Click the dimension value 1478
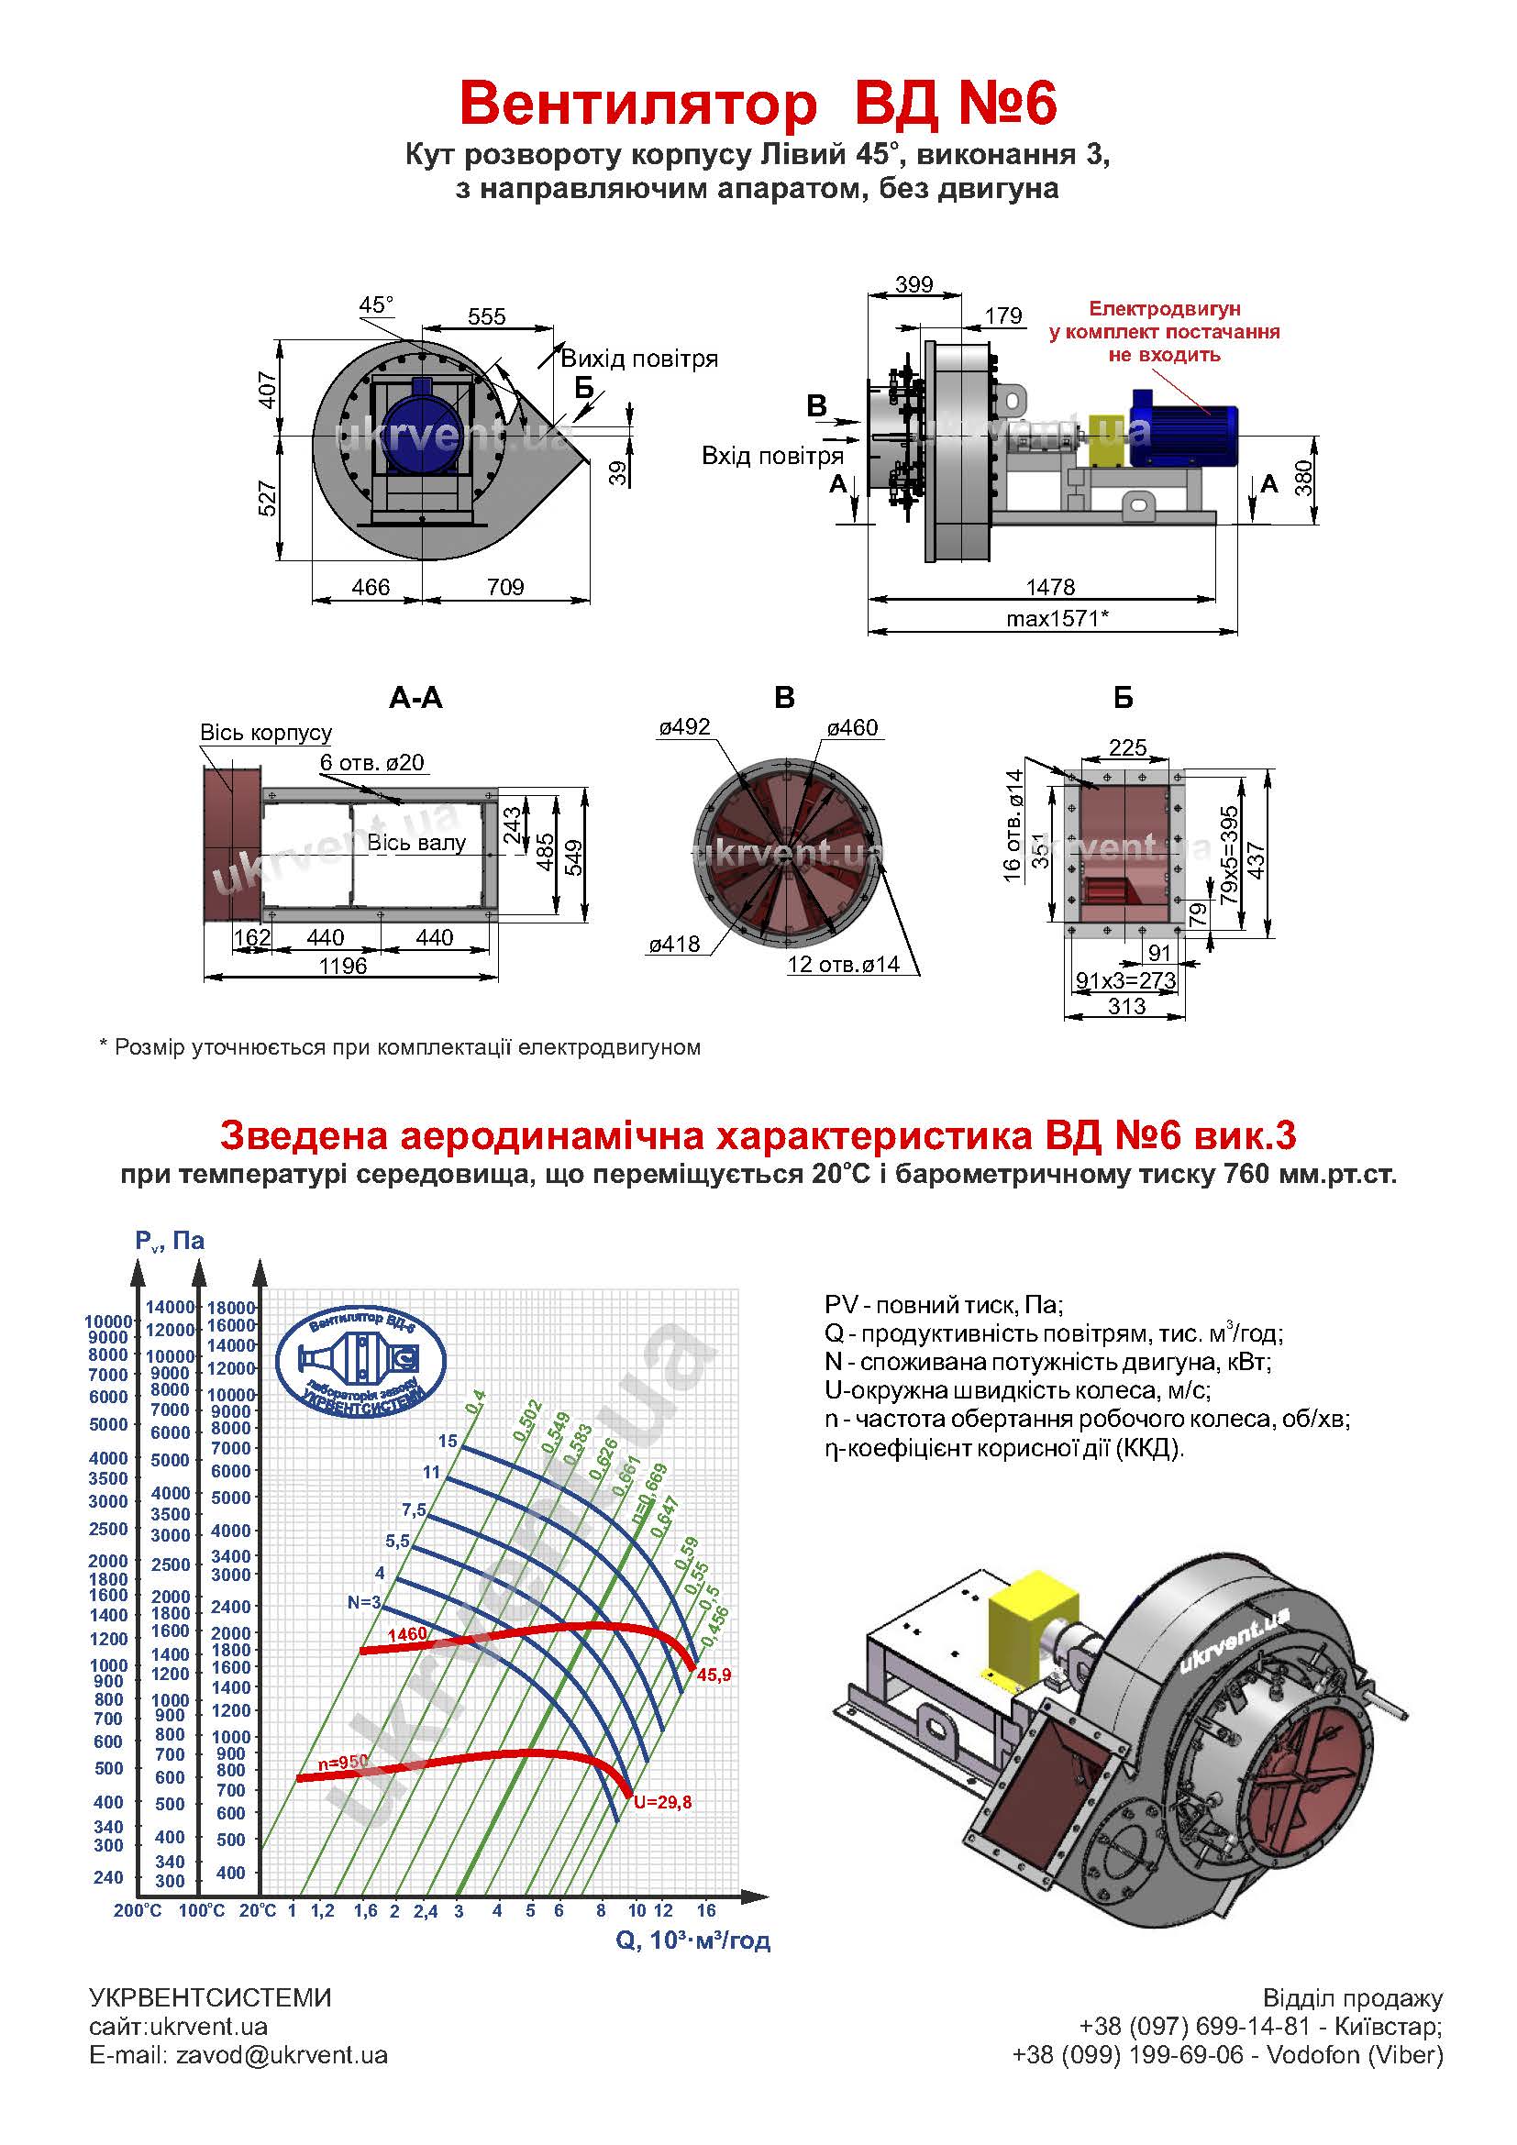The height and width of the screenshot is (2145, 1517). pos(1050,587)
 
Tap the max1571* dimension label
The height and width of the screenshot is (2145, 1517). pos(1057,617)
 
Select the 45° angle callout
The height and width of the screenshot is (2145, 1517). pos(376,305)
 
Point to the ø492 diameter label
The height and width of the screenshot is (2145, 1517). pos(684,727)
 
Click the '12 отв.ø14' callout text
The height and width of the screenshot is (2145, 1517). pos(843,964)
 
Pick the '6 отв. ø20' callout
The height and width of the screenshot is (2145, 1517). pos(371,762)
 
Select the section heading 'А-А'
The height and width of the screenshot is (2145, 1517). pos(415,698)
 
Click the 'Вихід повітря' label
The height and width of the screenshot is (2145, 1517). pos(639,359)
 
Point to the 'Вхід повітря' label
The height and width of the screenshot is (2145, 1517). pos(772,456)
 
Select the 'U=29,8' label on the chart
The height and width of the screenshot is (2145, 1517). pos(662,1802)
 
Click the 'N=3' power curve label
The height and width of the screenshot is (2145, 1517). pos(364,1602)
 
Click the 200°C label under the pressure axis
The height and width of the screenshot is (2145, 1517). pos(138,1910)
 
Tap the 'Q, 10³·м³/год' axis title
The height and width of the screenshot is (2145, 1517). pos(693,1940)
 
